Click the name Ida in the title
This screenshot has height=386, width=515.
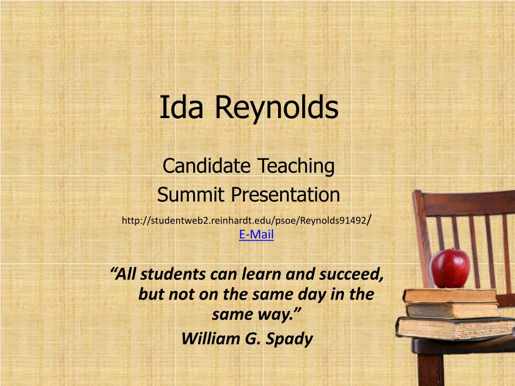click(x=181, y=108)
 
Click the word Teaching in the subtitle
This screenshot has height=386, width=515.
click(x=296, y=167)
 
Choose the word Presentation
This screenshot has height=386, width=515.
click(x=286, y=195)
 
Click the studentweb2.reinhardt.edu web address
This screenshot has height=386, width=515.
click(x=247, y=220)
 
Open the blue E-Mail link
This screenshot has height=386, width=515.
click(x=256, y=234)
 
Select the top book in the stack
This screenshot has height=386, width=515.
click(x=450, y=296)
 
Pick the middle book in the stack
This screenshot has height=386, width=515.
click(x=453, y=310)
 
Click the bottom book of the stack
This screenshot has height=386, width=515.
click(x=455, y=328)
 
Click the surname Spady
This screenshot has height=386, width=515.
click(x=289, y=339)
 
